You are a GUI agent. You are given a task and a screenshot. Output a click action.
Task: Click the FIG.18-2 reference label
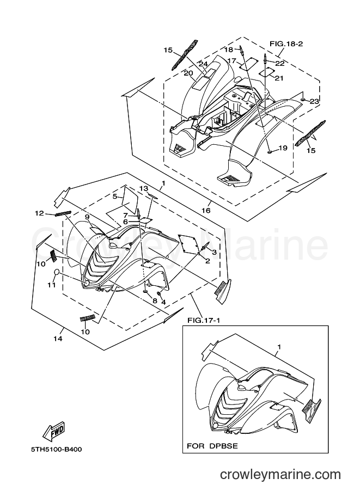coord(286,44)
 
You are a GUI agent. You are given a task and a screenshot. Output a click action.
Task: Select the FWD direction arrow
coord(54,432)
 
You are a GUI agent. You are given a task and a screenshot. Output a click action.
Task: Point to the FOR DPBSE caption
coord(212,446)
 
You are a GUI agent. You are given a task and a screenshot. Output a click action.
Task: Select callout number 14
coord(58,339)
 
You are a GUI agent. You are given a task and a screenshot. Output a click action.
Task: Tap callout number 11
coord(52,285)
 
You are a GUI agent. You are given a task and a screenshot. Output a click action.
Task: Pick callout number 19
coord(283,148)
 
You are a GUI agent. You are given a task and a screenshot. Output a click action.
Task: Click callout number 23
coord(314,101)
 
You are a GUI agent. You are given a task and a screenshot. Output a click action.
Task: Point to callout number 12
coord(39,213)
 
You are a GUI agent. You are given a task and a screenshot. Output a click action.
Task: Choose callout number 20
coord(188,73)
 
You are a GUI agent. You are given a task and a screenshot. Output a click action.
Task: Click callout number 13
coord(144,188)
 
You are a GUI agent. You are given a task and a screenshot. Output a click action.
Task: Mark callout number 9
coord(87,217)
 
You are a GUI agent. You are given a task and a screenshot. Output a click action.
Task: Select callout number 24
coord(203,64)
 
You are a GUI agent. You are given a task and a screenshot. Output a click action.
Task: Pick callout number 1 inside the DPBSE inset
coord(279,347)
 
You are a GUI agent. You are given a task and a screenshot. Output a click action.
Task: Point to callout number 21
coord(279,78)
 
